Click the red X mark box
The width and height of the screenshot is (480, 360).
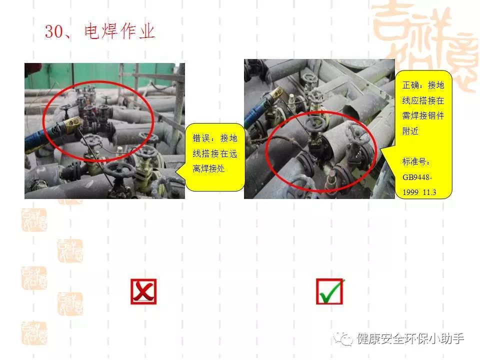(x=143, y=291)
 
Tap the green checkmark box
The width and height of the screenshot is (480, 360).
(x=330, y=291)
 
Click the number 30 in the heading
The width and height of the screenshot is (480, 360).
(x=53, y=32)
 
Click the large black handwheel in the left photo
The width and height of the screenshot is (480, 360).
(x=119, y=170)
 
